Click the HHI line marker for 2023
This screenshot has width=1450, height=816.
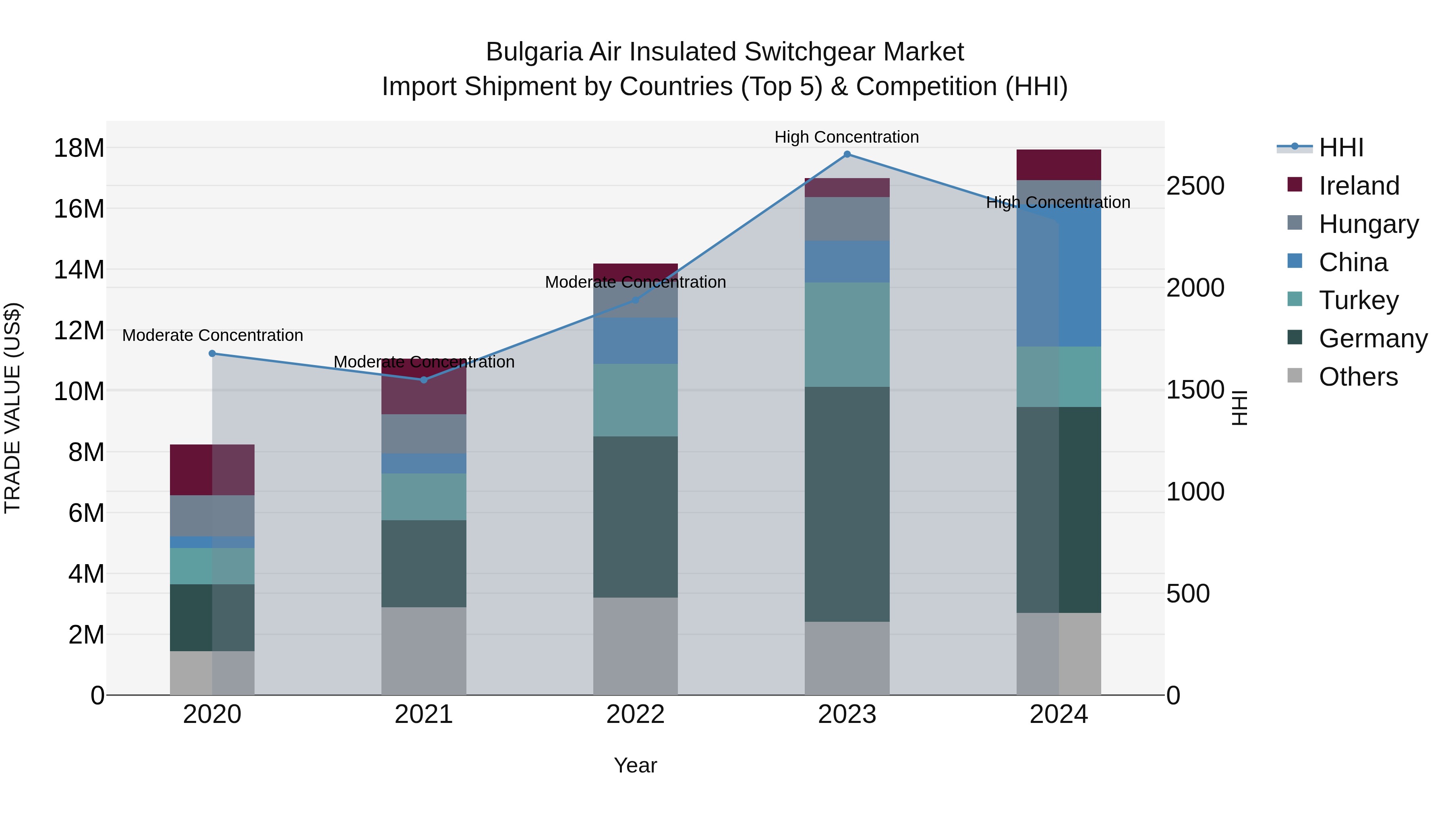coord(847,154)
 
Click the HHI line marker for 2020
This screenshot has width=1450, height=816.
coord(212,354)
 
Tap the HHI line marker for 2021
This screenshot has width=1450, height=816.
coord(424,380)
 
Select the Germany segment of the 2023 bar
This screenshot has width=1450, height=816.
coord(847,504)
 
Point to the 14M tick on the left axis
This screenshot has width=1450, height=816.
coord(79,270)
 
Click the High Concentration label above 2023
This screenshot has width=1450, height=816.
coord(847,137)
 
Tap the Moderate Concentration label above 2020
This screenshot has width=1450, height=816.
coord(212,335)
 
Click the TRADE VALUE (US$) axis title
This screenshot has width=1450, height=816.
coord(12,408)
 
